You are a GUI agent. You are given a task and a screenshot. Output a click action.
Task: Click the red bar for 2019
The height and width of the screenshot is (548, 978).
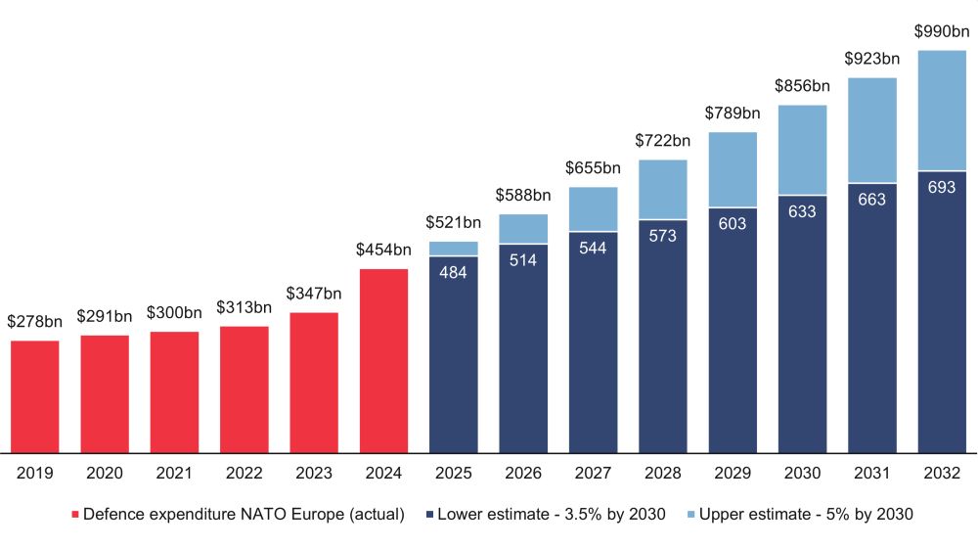pyautogui.click(x=35, y=396)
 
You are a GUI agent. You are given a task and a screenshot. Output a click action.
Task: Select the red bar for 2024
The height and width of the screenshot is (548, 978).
pyautogui.click(x=383, y=360)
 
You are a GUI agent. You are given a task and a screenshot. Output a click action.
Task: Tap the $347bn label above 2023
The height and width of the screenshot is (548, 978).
pyautogui.click(x=314, y=294)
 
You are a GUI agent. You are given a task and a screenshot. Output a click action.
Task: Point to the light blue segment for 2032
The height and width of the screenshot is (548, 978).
pyautogui.click(x=942, y=111)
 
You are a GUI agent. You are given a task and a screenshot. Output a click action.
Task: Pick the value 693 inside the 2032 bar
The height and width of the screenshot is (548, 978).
pyautogui.click(x=942, y=187)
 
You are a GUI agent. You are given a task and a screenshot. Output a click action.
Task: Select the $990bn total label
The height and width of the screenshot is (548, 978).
pyautogui.click(x=942, y=31)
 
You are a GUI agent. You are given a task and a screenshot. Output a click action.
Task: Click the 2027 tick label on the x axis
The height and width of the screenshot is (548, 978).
pyautogui.click(x=593, y=474)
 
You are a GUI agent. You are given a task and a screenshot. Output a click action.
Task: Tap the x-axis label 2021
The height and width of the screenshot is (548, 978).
pyautogui.click(x=174, y=474)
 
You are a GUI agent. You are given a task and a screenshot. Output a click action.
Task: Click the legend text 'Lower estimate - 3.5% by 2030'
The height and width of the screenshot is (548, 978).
pyautogui.click(x=552, y=514)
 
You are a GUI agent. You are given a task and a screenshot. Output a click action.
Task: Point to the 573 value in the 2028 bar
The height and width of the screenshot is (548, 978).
pyautogui.click(x=662, y=236)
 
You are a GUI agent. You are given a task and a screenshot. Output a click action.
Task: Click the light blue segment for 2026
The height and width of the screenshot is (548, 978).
pyautogui.click(x=523, y=228)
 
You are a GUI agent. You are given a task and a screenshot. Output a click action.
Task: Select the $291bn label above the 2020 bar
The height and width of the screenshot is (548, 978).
pyautogui.click(x=105, y=317)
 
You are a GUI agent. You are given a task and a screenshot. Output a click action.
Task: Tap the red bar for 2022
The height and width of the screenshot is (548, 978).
pyautogui.click(x=244, y=389)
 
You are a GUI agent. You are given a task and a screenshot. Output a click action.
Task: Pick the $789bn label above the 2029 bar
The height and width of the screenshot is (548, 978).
pyautogui.click(x=733, y=114)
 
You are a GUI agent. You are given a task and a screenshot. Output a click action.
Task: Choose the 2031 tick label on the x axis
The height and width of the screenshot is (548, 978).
pyautogui.click(x=871, y=474)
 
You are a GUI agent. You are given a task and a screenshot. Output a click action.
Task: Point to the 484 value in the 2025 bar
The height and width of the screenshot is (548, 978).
pyautogui.click(x=454, y=272)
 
